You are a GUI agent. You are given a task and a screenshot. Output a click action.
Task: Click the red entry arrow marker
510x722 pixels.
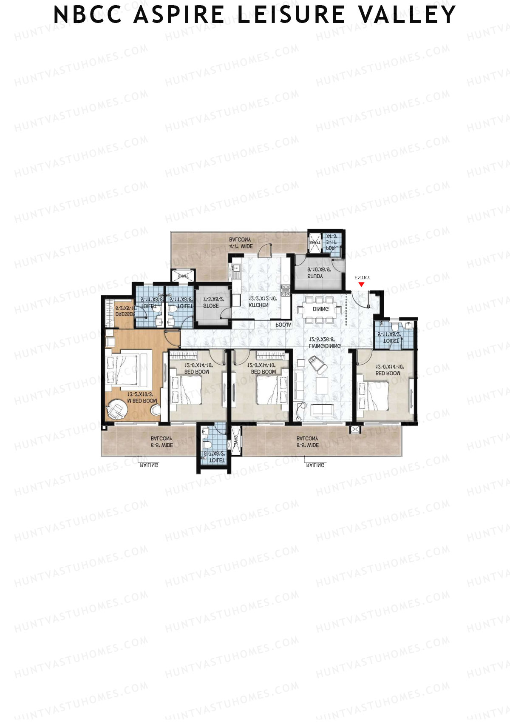tap(361, 284)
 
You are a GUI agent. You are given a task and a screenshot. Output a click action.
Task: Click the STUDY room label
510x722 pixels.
tap(315, 276)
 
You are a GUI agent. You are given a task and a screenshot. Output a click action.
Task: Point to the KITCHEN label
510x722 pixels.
tap(258, 305)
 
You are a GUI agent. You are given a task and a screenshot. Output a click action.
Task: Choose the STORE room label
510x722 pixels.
tap(211, 306)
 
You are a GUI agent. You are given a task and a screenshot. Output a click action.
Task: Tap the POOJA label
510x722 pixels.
tap(283, 325)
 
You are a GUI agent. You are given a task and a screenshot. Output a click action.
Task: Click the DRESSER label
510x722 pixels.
tap(125, 314)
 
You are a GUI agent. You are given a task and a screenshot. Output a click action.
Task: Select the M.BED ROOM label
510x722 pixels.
tap(142, 401)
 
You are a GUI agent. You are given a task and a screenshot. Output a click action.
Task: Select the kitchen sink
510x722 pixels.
tap(236, 269)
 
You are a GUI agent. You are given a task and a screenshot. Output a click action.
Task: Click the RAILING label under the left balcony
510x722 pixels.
tap(149, 465)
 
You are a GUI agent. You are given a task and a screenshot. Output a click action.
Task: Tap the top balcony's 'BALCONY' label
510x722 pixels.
tap(240, 240)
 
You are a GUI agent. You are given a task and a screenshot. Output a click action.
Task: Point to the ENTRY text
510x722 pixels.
tap(363, 277)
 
